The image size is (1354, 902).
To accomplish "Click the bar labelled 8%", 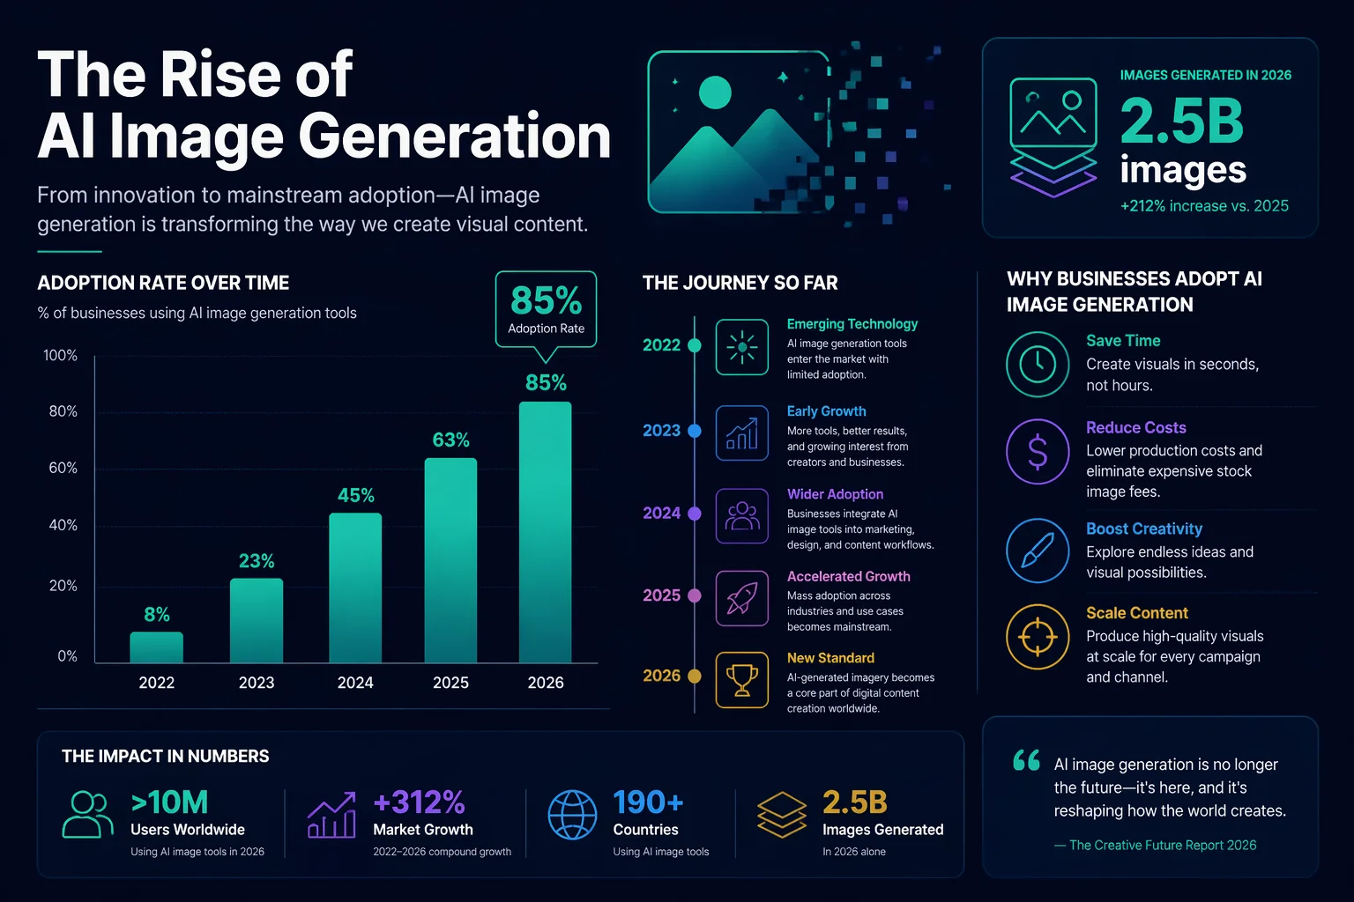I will [x=157, y=647].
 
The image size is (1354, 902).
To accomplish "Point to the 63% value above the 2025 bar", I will [x=450, y=440].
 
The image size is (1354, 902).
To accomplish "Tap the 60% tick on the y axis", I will [x=63, y=468].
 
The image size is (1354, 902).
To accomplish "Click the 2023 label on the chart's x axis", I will [x=257, y=683].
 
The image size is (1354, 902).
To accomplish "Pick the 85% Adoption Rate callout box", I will [x=546, y=309].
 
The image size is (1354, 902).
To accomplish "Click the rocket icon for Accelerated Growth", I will [x=741, y=598].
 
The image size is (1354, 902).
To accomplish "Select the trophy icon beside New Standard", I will [x=741, y=679].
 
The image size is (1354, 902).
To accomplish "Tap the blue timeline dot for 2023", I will [x=695, y=431].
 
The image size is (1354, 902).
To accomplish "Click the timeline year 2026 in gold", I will [x=661, y=676].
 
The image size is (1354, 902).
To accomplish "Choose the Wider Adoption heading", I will [x=835, y=494].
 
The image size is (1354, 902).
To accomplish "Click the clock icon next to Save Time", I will [x=1038, y=364].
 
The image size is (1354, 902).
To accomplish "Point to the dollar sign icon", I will [x=1038, y=451].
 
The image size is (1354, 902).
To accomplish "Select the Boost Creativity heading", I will [x=1144, y=529].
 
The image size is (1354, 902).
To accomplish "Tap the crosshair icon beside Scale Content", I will [x=1038, y=636].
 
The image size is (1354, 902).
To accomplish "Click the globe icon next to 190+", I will [x=572, y=814].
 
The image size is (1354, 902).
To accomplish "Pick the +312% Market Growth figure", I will [x=419, y=802].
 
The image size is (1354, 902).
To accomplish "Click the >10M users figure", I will [x=169, y=802].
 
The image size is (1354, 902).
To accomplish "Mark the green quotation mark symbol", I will [x=1026, y=760].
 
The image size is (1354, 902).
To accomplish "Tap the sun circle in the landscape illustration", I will [x=715, y=92].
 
